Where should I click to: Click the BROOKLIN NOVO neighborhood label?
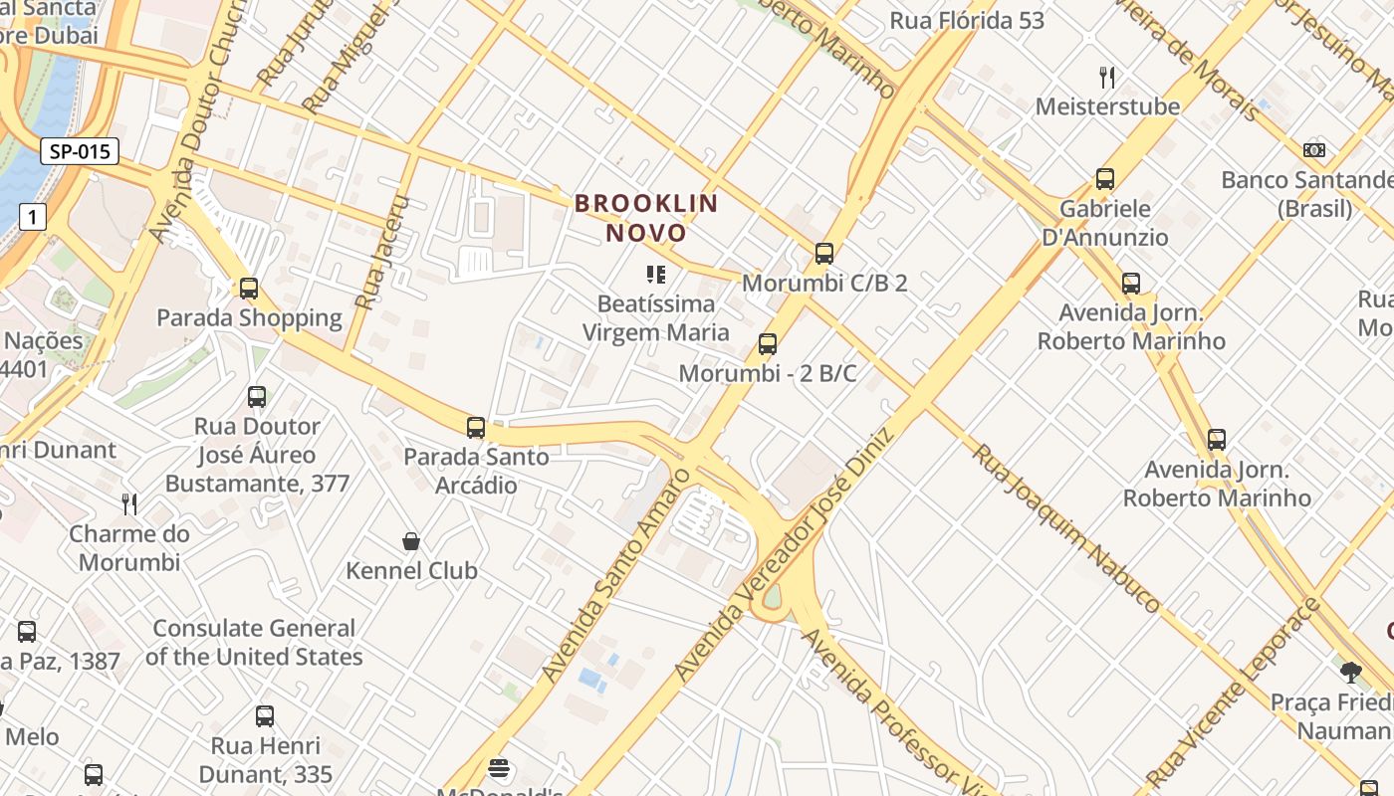point(646,218)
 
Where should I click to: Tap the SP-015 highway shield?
point(80,151)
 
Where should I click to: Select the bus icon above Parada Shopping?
point(249,289)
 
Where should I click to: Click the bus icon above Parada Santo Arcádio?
point(476,428)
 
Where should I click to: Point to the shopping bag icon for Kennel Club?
point(411,541)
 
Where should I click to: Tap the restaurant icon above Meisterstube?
point(1107,77)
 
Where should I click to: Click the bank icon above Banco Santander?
point(1314,150)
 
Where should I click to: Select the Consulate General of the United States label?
point(254,643)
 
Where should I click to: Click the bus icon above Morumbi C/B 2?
point(824,253)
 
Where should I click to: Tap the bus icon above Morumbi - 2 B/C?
point(767,344)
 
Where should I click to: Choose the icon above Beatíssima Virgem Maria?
point(655,274)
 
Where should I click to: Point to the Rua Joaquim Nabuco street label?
point(1065,527)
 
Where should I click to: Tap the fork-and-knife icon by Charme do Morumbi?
point(129,503)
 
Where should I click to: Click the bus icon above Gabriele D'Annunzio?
point(1105,179)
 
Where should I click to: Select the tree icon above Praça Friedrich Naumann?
point(1350,673)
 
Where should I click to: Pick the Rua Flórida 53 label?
point(967,20)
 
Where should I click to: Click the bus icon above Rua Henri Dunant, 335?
point(265,716)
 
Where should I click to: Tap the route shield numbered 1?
point(33,217)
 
